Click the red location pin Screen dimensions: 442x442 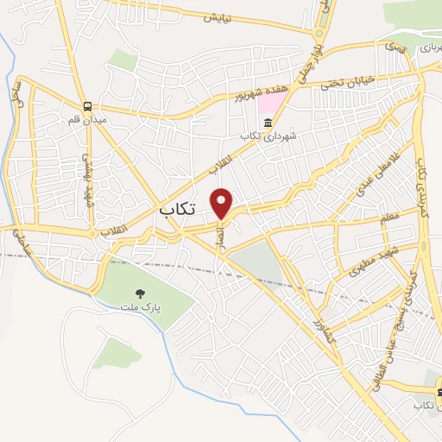(x=222, y=203)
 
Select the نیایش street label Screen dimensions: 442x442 (x=220, y=17)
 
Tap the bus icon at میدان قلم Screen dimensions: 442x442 (x=87, y=105)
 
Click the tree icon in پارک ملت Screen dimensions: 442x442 (x=141, y=294)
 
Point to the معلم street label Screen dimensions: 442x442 (x=389, y=217)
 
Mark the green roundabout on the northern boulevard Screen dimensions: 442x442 (x=319, y=34)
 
